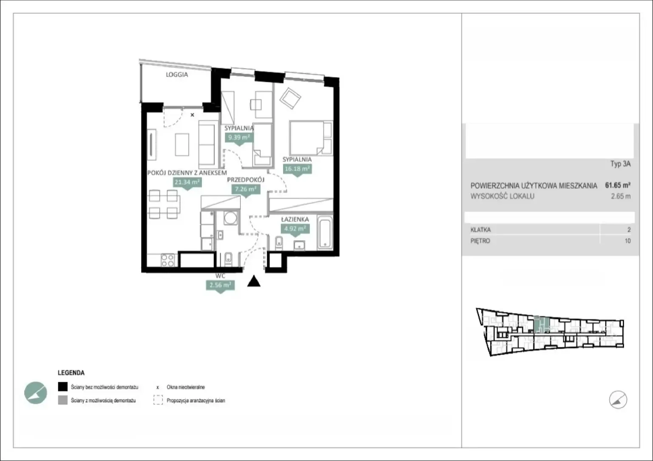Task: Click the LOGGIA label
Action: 177,75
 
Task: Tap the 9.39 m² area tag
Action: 239,138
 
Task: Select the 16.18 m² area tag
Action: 297,169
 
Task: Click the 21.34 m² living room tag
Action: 187,182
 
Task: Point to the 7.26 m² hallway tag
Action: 246,189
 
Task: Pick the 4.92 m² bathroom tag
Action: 295,229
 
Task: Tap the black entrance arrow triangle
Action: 254,281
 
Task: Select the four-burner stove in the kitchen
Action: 168,260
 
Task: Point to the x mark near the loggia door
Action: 192,115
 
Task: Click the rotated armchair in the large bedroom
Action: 290,98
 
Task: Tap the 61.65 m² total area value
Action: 618,185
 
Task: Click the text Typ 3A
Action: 621,164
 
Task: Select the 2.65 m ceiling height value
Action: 621,196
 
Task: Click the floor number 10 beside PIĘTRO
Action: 627,241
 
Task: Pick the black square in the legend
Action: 62,387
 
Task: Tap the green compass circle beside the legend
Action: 36,393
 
